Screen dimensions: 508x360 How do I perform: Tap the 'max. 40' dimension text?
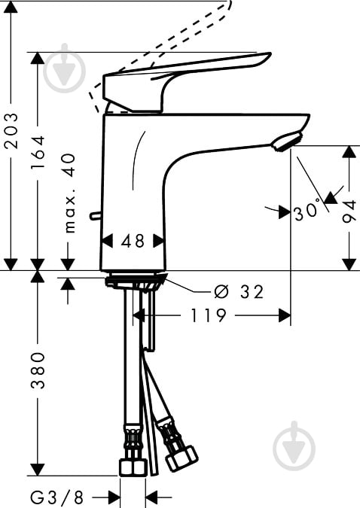click(69, 193)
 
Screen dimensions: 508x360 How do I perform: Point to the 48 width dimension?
click(133, 241)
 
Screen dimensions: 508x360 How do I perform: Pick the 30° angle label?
click(307, 211)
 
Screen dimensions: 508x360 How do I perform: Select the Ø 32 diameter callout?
click(239, 292)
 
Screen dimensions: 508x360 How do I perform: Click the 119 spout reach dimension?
click(209, 315)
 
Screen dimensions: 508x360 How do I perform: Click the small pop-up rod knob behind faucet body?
click(94, 216)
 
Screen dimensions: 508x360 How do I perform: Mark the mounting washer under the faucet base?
click(136, 284)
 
